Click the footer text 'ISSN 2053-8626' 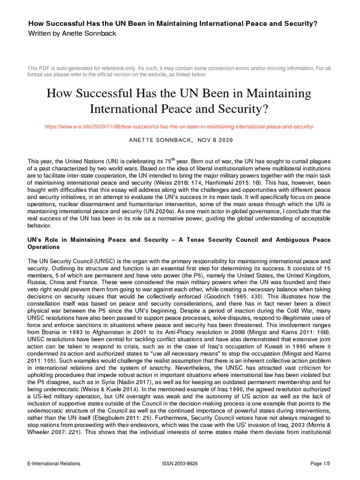pyautogui.click(x=180, y=464)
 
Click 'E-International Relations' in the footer pyautogui.click(x=54, y=464)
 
